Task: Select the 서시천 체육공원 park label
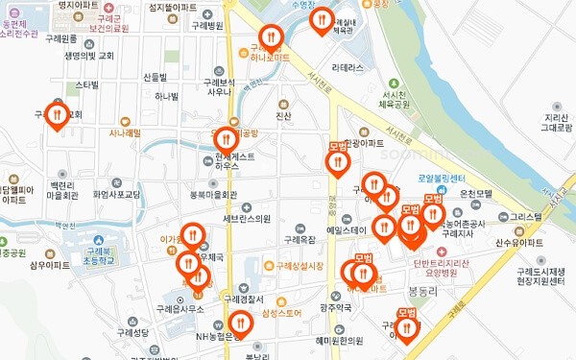pyautogui.click(x=395, y=99)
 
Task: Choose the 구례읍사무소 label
pyautogui.click(x=180, y=309)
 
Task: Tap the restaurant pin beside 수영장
pyautogui.click(x=322, y=19)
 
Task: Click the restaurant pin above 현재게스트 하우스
pyautogui.click(x=226, y=140)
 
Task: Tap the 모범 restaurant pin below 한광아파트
pyautogui.click(x=337, y=161)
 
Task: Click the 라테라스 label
pyautogui.click(x=347, y=68)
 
